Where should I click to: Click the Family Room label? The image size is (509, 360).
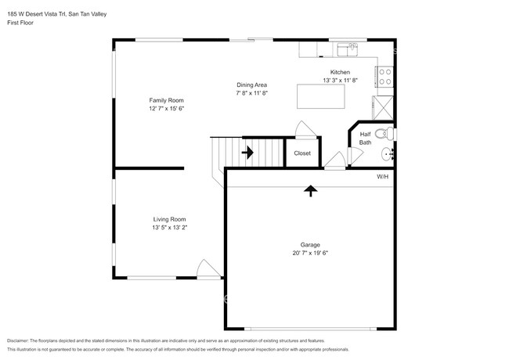coord(167,100)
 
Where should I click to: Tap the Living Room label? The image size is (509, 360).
coord(169,219)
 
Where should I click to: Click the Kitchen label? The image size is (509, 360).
coord(339,72)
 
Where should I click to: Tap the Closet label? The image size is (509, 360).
coord(302,153)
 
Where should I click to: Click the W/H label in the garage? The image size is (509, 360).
coord(382,177)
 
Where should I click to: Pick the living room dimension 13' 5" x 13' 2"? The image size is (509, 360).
coord(169,228)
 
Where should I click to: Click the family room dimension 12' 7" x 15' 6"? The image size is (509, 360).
coord(167,109)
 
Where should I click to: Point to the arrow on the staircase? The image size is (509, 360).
coord(248,153)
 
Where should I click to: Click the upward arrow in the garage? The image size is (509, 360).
coord(310,189)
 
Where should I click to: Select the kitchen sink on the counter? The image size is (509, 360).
coord(348,49)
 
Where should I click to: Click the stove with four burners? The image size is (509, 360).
coord(385,76)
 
